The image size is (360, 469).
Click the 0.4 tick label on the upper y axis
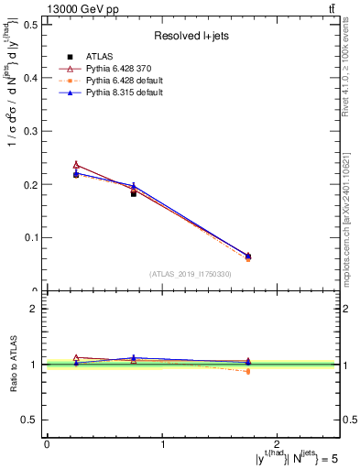pyautogui.click(x=32, y=78)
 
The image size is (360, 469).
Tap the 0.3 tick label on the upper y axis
pyautogui.click(x=32, y=131)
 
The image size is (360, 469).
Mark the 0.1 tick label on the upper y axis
pyautogui.click(x=32, y=237)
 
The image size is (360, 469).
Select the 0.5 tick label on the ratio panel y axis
pyautogui.click(x=32, y=420)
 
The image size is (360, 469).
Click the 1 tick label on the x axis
pyautogui.click(x=162, y=444)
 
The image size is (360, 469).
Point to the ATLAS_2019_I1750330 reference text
pyautogui.click(x=191, y=273)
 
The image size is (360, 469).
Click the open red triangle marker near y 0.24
pyautogui.click(x=76, y=165)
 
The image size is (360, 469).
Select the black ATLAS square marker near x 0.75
pyautogui.click(x=134, y=193)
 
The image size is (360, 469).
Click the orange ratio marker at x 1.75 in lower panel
pyautogui.click(x=248, y=371)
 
